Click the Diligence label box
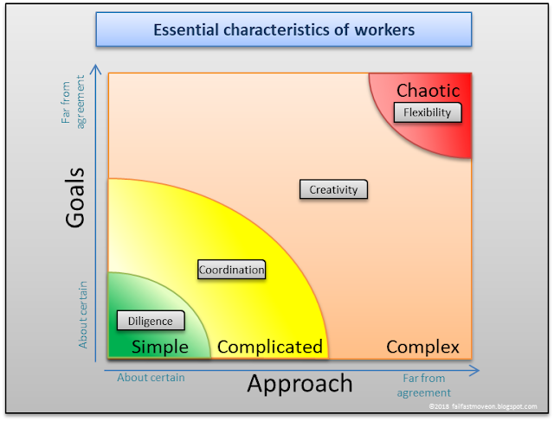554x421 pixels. click(151, 321)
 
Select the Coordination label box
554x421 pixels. click(231, 270)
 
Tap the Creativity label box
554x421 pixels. click(333, 189)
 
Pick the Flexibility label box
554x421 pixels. click(428, 112)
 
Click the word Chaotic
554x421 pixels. click(428, 90)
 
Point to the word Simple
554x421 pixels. click(159, 347)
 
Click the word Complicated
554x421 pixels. click(269, 347)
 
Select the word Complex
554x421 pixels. click(422, 347)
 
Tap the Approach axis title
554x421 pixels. click(300, 383)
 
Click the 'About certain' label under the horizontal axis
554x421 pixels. click(151, 377)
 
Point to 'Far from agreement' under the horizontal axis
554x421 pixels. click(424, 385)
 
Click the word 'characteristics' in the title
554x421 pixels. click(279, 29)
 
